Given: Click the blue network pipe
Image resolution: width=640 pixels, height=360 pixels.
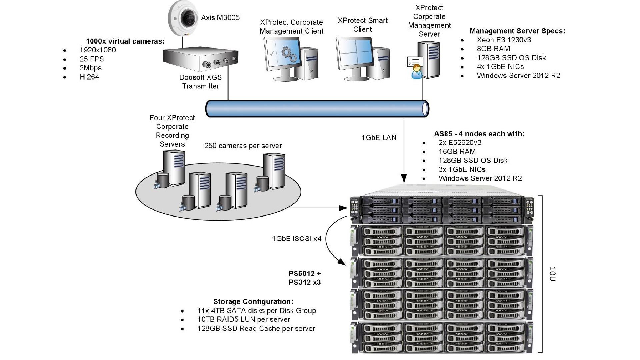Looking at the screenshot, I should point(317,109).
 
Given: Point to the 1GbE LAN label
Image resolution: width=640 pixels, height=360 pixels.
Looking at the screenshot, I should point(379,138).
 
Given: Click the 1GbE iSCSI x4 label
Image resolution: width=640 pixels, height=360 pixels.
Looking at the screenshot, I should point(297,239).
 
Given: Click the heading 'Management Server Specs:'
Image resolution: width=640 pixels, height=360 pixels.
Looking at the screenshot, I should point(517,31).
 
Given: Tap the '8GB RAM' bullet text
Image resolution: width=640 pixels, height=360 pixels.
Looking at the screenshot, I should point(493,49).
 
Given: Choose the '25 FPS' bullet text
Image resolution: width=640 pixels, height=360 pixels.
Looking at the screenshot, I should point(92,59).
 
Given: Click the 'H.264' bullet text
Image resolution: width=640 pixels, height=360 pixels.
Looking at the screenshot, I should point(89,77).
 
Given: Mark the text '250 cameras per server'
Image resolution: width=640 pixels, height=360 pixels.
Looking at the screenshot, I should point(243,146).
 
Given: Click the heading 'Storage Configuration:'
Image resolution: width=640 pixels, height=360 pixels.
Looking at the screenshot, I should point(253,302).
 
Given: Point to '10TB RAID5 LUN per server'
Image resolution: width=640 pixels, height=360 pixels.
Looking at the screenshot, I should point(244,319).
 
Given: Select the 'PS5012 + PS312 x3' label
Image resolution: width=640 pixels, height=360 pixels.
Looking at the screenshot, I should point(305,278).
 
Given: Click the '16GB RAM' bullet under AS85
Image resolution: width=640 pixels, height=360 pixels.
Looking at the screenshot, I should point(457,152).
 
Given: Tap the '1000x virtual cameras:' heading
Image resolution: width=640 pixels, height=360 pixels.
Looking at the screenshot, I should point(125,41).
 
